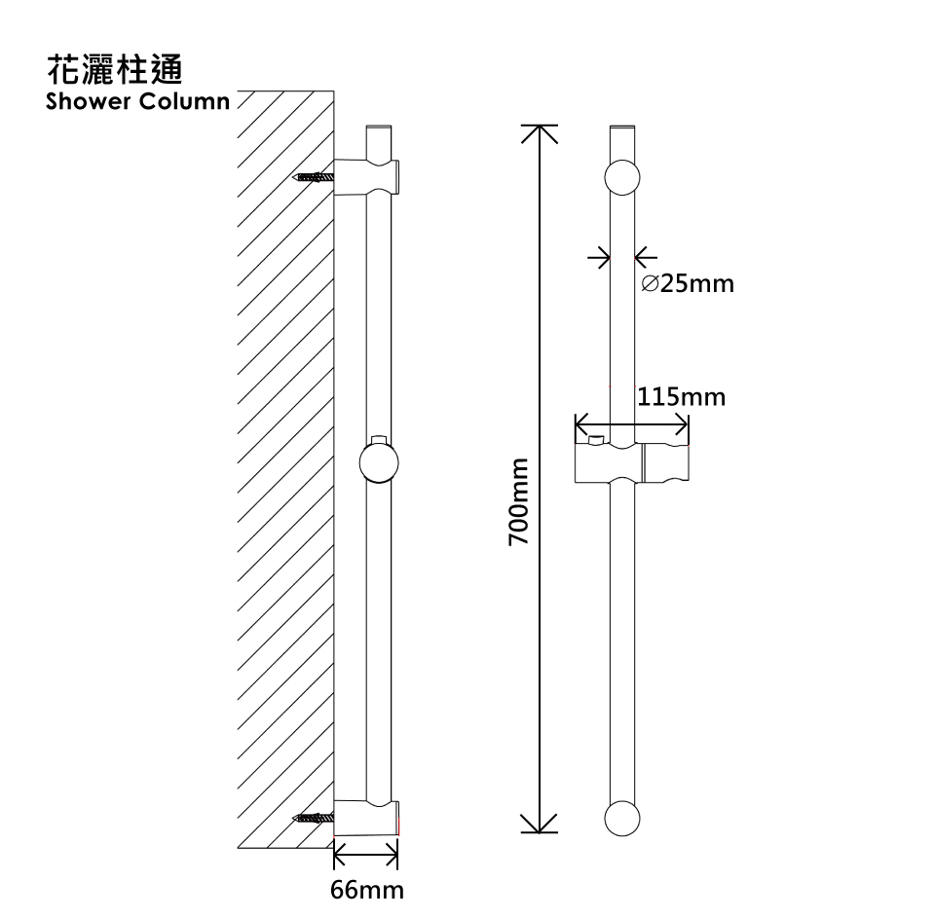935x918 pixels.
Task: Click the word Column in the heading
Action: tap(185, 101)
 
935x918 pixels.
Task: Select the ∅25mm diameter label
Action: tap(689, 284)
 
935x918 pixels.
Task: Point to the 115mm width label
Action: tap(682, 397)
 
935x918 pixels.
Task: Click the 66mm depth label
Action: tap(366, 890)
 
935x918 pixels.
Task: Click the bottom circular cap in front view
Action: tap(623, 819)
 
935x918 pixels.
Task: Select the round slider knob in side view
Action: tap(379, 462)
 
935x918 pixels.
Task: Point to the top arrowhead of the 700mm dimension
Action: tap(542, 130)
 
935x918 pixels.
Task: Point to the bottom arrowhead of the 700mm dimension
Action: tap(542, 828)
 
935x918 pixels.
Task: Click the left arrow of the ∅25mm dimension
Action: tap(599, 258)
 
